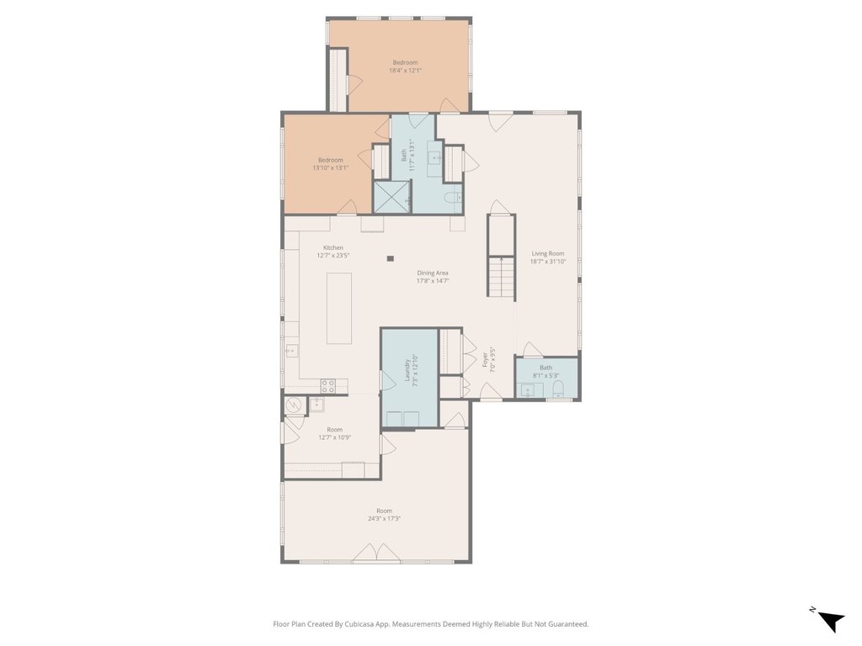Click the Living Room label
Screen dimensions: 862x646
[547, 253]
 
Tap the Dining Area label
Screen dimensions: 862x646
[433, 273]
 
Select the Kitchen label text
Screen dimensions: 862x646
[333, 248]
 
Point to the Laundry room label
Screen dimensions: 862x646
[407, 370]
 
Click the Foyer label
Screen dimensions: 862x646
[486, 360]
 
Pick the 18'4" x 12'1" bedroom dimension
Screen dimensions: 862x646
[405, 71]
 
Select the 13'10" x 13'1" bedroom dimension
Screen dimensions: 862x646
[330, 167]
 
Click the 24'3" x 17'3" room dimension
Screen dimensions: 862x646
[384, 518]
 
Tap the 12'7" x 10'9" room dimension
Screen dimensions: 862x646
[335, 437]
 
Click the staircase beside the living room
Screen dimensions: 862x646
[501, 257]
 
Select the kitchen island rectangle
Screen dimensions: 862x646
[339, 308]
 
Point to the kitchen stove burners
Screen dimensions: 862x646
[328, 385]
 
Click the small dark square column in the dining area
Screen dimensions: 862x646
[391, 258]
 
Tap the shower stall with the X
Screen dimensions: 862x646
[392, 197]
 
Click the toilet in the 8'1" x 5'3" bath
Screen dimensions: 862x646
[558, 389]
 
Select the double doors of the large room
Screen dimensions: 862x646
[376, 553]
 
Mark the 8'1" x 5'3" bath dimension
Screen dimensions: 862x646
[545, 376]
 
